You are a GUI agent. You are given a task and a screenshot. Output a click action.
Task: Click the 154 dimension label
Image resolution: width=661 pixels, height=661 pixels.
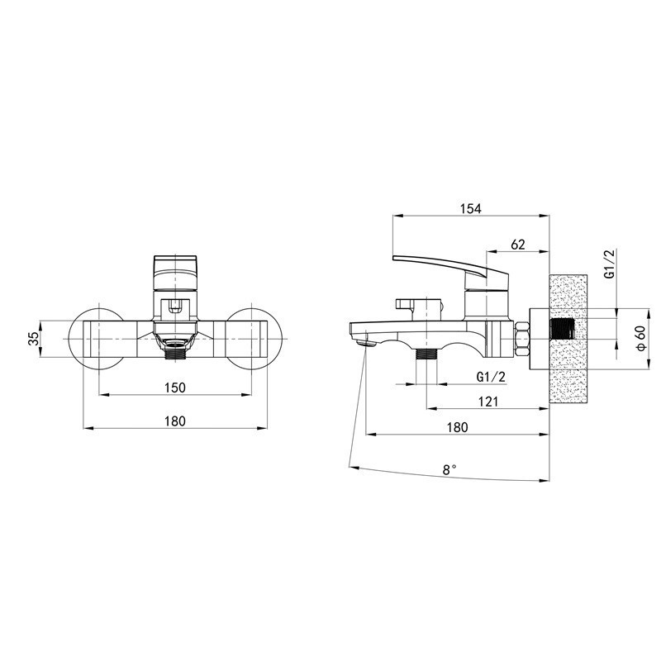pos(470,208)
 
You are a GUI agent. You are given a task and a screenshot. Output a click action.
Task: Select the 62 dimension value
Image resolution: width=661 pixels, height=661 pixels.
pos(518,245)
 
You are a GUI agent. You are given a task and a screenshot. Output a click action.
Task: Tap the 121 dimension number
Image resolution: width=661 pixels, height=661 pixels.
pos(488,402)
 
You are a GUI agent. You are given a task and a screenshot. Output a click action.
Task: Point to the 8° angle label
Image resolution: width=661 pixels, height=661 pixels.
pos(449,469)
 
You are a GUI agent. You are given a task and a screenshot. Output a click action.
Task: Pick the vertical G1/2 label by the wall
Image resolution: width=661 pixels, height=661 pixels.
pos(610,264)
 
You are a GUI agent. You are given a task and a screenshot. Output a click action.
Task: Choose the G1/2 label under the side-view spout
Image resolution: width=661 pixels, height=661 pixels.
pos(491,377)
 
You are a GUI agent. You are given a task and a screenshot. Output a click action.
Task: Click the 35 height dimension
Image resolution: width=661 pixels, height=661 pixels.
pos(33,339)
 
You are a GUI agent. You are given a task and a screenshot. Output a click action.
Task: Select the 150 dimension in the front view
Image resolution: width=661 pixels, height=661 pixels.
pos(174,388)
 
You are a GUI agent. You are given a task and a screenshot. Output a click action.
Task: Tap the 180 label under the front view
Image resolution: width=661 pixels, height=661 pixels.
pos(174,421)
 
